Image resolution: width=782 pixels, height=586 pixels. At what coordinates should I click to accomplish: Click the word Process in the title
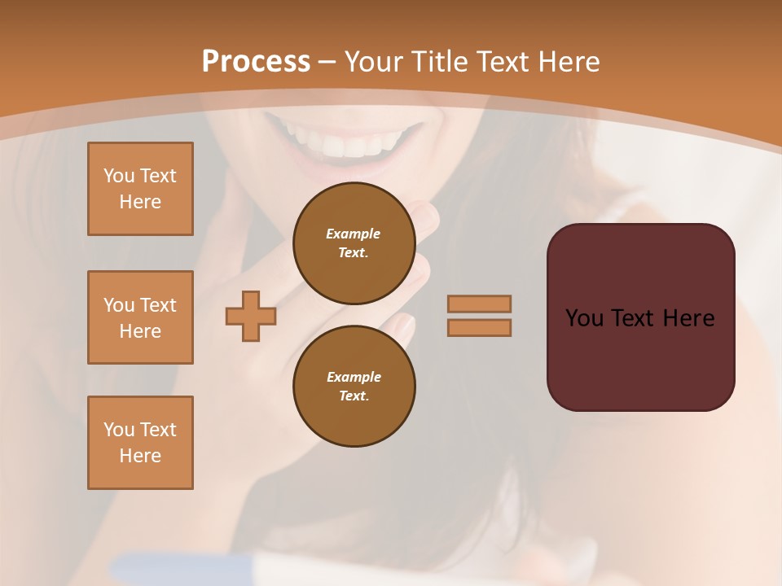[x=256, y=61]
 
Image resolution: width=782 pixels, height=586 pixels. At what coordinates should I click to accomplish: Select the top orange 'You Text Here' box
[x=140, y=189]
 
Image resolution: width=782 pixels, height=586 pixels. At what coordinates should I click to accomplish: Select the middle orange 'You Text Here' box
[x=140, y=317]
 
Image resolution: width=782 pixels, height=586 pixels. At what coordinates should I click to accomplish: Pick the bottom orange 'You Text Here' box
[x=140, y=443]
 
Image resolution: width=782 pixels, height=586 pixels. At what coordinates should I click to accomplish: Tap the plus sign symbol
[x=251, y=316]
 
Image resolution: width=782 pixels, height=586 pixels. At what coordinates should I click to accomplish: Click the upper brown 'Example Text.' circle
[x=354, y=243]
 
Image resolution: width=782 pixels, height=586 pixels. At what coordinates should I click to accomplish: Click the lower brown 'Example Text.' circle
[x=354, y=387]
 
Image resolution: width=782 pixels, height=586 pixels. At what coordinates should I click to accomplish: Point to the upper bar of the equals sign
[x=479, y=304]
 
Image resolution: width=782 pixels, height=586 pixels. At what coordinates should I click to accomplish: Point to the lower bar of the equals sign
[x=479, y=327]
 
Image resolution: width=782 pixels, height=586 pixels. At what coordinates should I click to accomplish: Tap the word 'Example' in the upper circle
[x=353, y=234]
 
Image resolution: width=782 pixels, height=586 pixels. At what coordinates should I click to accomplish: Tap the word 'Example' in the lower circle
[x=354, y=377]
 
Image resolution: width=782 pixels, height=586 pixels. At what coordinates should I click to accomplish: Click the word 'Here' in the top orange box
[x=140, y=202]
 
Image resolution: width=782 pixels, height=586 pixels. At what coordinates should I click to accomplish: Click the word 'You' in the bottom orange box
[x=118, y=430]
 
